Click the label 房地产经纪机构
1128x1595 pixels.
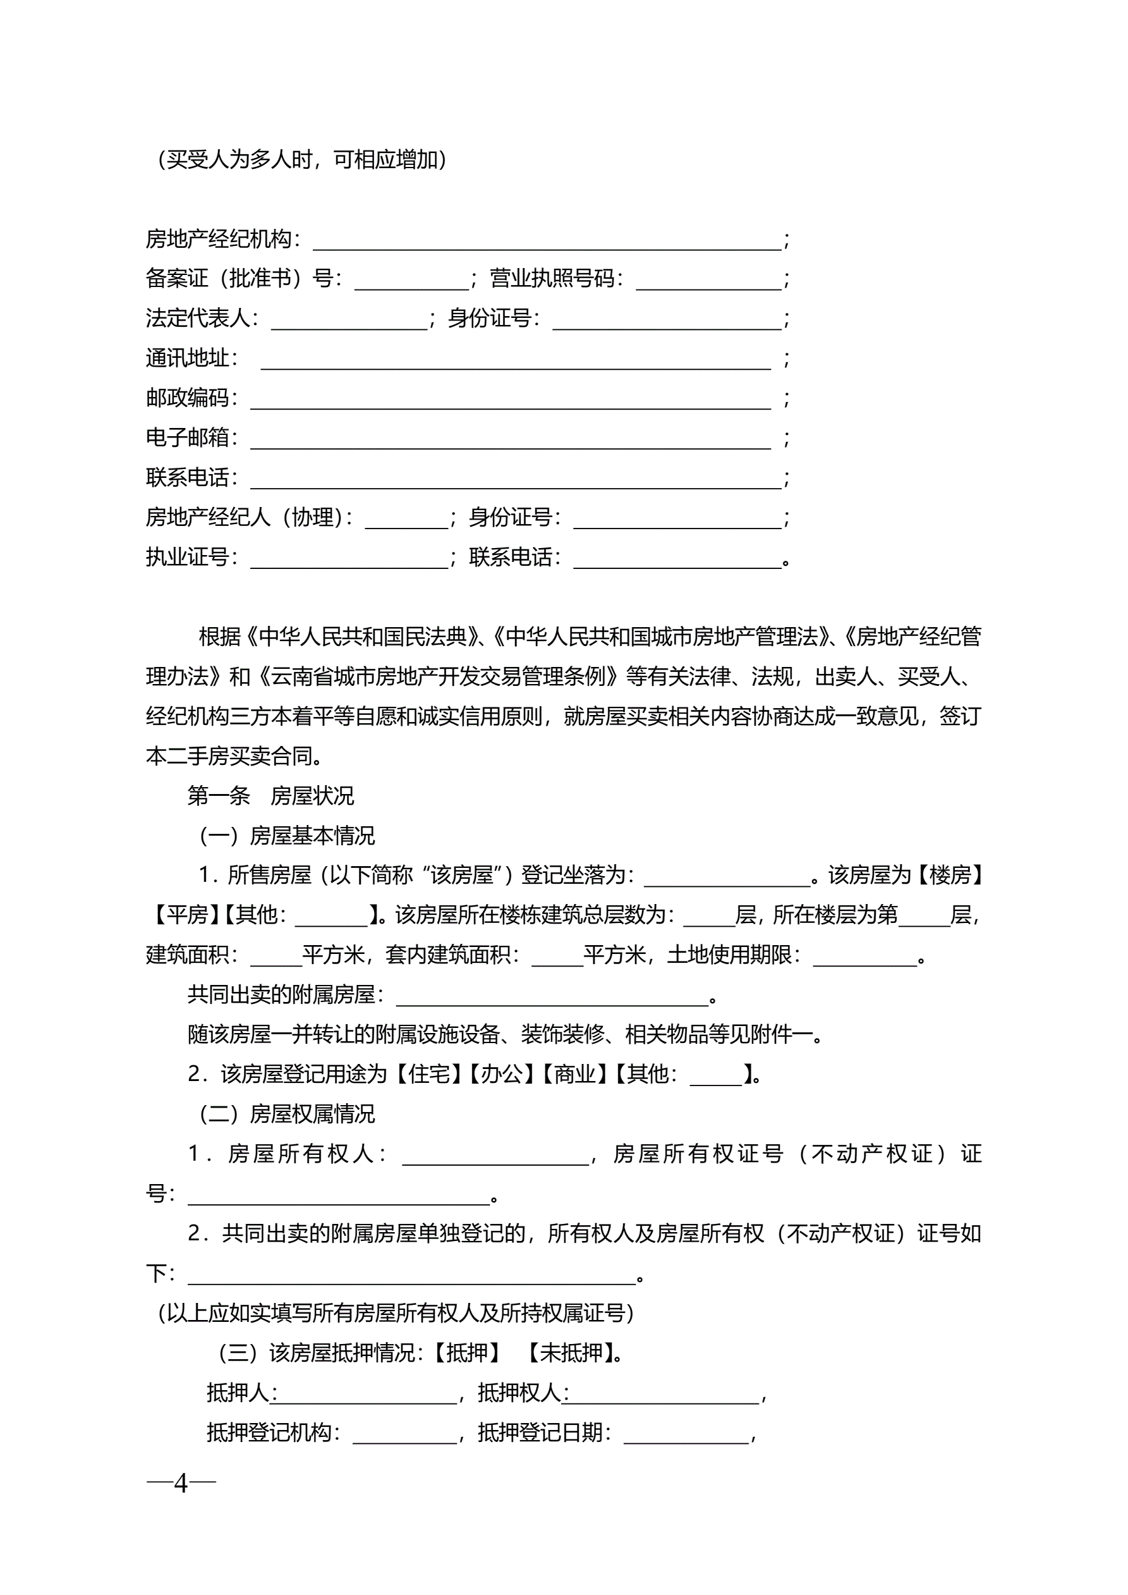(x=218, y=240)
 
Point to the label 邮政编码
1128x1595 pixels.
(x=187, y=398)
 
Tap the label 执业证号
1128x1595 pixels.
(x=187, y=557)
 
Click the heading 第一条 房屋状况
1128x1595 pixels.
(x=270, y=795)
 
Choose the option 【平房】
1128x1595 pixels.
(x=182, y=915)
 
